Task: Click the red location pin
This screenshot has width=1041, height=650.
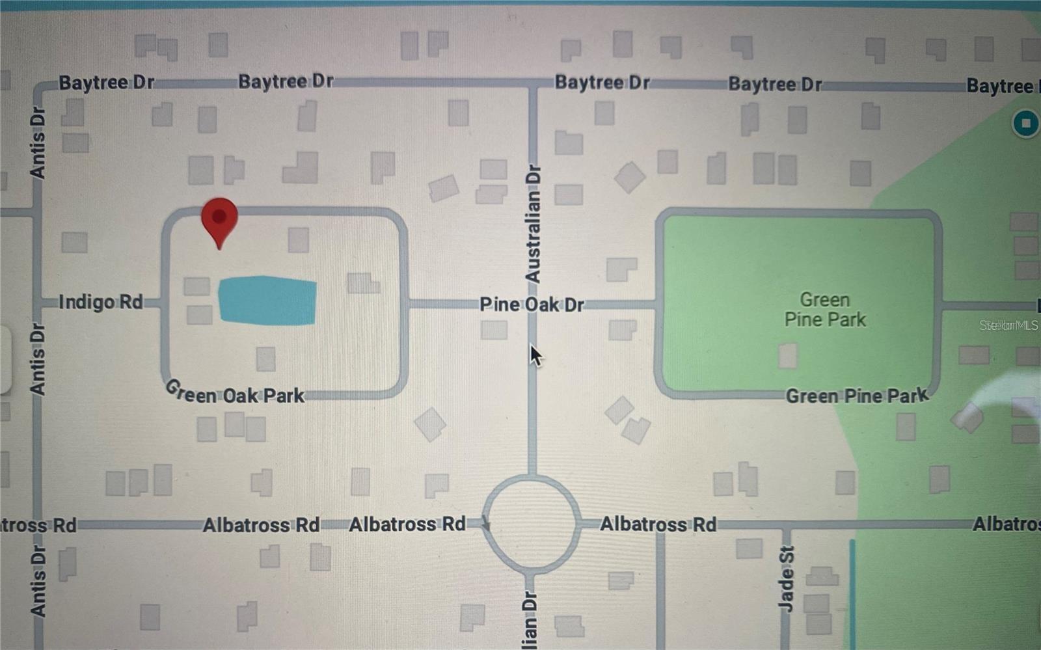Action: pyautogui.click(x=219, y=220)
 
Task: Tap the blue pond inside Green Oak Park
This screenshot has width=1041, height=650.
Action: pyautogui.click(x=267, y=300)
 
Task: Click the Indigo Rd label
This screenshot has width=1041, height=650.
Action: pyautogui.click(x=100, y=302)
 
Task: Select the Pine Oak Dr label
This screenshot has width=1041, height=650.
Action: pyautogui.click(x=532, y=305)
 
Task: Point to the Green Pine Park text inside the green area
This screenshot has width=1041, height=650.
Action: pyautogui.click(x=825, y=310)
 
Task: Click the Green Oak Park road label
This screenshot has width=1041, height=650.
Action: pyautogui.click(x=234, y=394)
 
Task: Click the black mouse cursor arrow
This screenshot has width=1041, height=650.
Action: pyautogui.click(x=535, y=355)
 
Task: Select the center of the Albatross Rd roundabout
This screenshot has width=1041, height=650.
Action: pyautogui.click(x=532, y=524)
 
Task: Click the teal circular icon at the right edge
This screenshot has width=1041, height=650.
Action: pyautogui.click(x=1026, y=123)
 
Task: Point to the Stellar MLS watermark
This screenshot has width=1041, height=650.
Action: pyautogui.click(x=1008, y=325)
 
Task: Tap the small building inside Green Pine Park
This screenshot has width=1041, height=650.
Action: pyautogui.click(x=787, y=356)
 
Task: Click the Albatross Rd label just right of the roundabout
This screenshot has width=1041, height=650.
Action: pyautogui.click(x=658, y=524)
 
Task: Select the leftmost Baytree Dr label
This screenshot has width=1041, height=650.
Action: pyautogui.click(x=107, y=83)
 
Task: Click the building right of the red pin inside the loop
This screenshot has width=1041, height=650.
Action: pyautogui.click(x=298, y=240)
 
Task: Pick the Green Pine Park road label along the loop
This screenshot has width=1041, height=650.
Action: pyautogui.click(x=856, y=396)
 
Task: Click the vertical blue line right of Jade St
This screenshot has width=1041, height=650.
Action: pyautogui.click(x=852, y=592)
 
